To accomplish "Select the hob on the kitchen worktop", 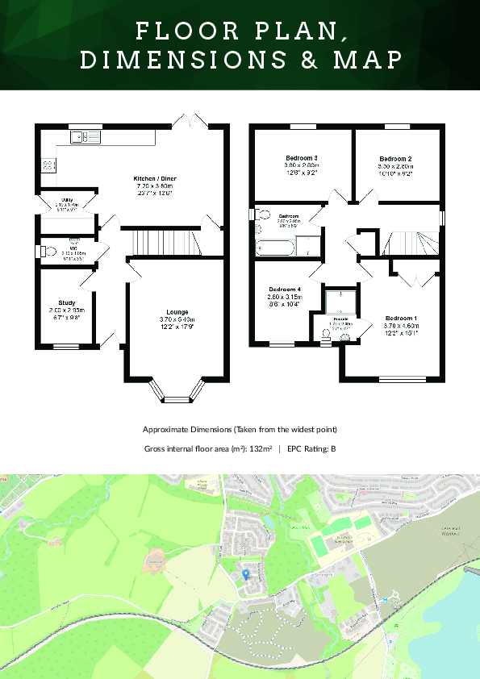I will tap(48, 165).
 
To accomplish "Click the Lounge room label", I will tap(177, 311).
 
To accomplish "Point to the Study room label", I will tap(67, 302).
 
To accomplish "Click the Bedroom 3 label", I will tap(301, 158).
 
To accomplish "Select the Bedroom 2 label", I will tap(396, 159).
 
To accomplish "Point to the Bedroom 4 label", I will tap(285, 290).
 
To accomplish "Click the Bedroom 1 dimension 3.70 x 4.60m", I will tap(402, 326).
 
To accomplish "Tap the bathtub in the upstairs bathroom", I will tap(276, 246).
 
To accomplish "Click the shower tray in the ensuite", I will tap(340, 301).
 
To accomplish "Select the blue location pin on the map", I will tap(246, 573).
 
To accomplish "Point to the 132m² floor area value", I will tap(258, 448).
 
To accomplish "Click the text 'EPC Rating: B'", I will tap(311, 448).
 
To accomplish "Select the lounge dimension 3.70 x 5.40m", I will tap(177, 319).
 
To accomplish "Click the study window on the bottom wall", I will tap(67, 347).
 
